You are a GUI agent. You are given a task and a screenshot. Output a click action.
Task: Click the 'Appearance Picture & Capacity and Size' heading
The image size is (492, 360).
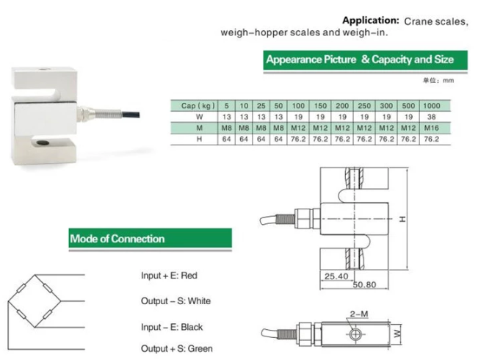point(359,60)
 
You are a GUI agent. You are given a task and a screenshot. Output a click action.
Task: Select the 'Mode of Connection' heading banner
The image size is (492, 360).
point(117,239)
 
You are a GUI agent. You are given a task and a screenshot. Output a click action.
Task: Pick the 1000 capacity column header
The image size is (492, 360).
point(432,106)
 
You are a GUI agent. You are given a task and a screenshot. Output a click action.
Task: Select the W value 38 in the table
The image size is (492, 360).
point(432,117)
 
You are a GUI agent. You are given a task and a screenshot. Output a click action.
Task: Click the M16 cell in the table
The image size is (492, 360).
point(432,128)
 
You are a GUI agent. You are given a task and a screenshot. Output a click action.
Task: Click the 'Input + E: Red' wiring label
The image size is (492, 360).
point(170,276)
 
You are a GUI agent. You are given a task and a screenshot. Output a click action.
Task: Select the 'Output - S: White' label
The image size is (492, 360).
point(176,301)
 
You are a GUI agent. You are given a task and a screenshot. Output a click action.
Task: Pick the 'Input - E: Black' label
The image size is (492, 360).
point(172,327)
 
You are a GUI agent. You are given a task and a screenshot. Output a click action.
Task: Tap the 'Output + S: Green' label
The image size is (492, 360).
point(177,348)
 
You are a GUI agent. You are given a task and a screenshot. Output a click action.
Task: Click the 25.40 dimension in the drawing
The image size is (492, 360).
point(335,276)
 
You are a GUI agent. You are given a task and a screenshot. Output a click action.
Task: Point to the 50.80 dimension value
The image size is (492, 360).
point(364,284)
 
